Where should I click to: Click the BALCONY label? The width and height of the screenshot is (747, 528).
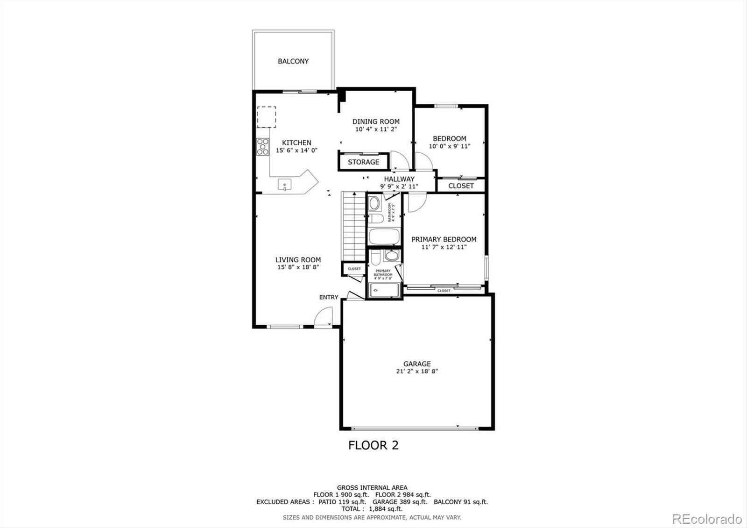point(293,61)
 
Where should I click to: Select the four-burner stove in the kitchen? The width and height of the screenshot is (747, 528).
point(263,147)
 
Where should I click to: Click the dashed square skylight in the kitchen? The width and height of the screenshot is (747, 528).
point(266,117)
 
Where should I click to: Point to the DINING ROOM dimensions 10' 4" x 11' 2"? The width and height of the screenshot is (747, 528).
point(376,129)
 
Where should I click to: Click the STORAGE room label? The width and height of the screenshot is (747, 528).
point(363,162)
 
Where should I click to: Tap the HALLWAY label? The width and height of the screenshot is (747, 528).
point(399,179)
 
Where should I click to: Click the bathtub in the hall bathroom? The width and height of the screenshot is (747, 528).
point(384,236)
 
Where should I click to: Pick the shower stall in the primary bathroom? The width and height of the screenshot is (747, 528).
point(384,290)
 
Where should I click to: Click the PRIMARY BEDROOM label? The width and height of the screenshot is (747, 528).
point(444,239)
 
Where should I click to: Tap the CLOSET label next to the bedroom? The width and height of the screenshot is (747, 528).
point(461,186)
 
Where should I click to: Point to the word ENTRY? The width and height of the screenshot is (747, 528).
point(329,297)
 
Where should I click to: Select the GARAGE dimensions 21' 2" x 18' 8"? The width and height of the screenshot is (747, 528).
point(417,371)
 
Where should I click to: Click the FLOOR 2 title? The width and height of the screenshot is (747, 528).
point(373,445)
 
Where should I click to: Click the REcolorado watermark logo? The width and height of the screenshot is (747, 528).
point(706,519)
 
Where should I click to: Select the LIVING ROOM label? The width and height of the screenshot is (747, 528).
point(298,260)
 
